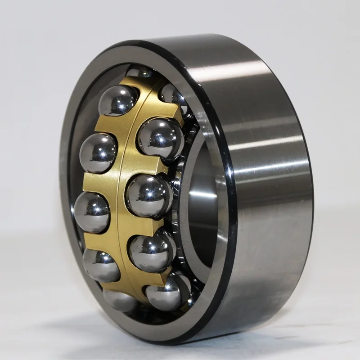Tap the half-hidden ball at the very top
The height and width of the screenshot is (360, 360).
pyautogui.click(x=138, y=72)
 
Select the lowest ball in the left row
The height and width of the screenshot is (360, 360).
pyautogui.click(x=120, y=300)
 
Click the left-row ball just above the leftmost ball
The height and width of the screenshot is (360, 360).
pyautogui.click(x=98, y=153)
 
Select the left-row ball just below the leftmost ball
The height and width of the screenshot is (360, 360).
pyautogui.click(x=101, y=265)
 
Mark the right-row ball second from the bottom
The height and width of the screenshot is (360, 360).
pyautogui.click(x=152, y=251)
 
